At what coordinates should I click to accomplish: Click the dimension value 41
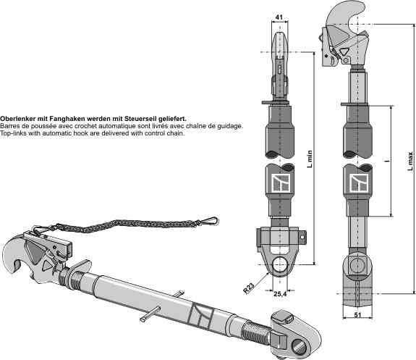click(279, 17)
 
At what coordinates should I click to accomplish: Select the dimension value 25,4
click(280, 294)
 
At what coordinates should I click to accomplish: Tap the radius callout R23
click(249, 288)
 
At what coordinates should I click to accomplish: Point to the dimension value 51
click(357, 315)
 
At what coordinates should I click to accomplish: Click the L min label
click(310, 159)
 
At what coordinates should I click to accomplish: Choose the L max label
click(411, 161)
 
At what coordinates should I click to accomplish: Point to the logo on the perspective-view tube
click(201, 315)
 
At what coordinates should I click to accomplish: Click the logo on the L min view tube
click(279, 183)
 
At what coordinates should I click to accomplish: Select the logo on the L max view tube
click(358, 183)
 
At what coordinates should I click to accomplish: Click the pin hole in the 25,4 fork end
click(280, 265)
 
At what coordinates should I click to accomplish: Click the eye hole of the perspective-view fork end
click(300, 347)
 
